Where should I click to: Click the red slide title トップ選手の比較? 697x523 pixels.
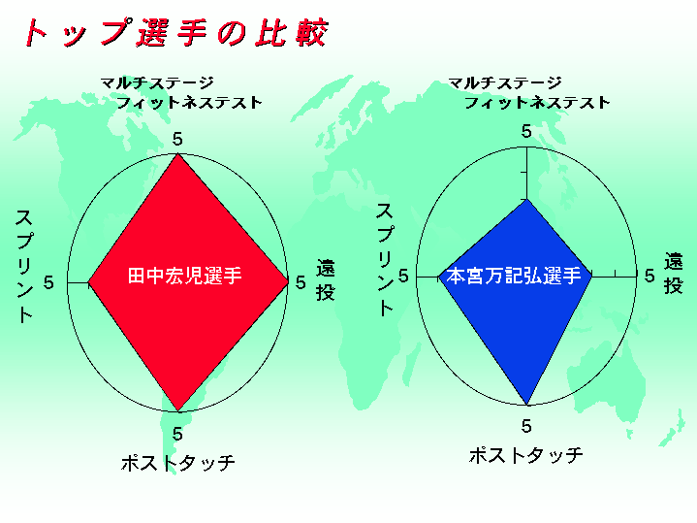click(x=176, y=32)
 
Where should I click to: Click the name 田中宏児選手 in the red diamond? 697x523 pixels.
click(x=184, y=276)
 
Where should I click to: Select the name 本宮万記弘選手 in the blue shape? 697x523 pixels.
click(x=514, y=276)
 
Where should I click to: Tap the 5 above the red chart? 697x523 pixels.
click(x=177, y=140)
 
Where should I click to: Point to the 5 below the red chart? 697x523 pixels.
click(x=177, y=434)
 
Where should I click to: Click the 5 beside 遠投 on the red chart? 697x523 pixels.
click(x=301, y=282)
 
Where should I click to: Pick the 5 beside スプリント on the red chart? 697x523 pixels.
click(x=48, y=282)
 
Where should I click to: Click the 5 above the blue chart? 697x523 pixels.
click(x=526, y=131)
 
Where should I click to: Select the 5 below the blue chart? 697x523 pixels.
click(x=526, y=426)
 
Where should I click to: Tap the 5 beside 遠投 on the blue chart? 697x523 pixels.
click(x=649, y=276)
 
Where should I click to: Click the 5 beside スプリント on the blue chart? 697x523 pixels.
click(x=403, y=276)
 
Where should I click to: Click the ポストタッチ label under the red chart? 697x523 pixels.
click(x=177, y=463)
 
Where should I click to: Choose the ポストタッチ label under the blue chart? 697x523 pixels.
click(x=525, y=455)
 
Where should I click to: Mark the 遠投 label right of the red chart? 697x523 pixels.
click(x=326, y=280)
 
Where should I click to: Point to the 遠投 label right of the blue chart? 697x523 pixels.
click(x=674, y=273)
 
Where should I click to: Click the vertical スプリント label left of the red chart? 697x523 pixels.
click(x=24, y=266)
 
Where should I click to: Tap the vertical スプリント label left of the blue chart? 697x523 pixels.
click(x=386, y=259)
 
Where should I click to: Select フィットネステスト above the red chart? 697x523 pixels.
click(x=189, y=103)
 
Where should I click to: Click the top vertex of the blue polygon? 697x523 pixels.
click(x=526, y=199)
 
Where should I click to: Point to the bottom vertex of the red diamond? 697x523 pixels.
click(x=177, y=410)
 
